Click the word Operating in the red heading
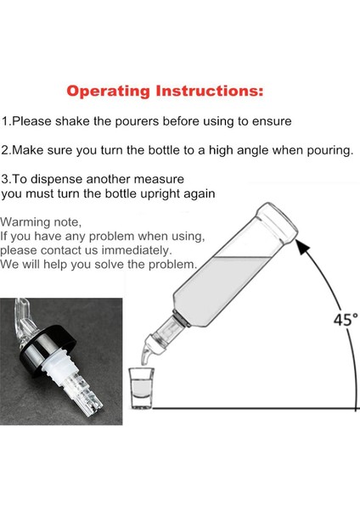[108, 92]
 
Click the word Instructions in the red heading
[210, 91]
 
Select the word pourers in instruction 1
[137, 122]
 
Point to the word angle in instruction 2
[253, 151]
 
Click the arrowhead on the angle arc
[303, 248]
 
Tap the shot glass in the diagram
[141, 388]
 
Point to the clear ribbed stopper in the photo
[75, 384]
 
